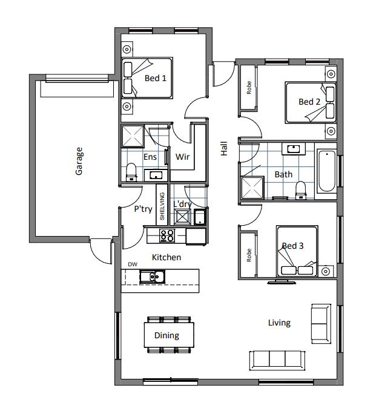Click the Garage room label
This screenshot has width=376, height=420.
pos(79,161)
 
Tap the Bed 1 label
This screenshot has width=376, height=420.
pos(156,78)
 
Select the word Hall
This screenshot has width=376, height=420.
pos(224,149)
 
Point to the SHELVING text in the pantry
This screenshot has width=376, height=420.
pos(162,206)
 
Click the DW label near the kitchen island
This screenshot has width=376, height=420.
pos(133,264)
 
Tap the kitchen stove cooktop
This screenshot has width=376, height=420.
pos(167,235)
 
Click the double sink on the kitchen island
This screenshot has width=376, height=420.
pos(152,277)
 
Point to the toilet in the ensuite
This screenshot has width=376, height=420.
pos(131,172)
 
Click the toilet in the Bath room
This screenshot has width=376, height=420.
pos(301,190)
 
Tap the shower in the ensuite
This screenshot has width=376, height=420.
pos(133,136)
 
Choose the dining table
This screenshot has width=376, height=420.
pos(169,335)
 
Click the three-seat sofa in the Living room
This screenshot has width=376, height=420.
pos(277,361)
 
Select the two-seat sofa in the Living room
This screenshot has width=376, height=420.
pos(321,324)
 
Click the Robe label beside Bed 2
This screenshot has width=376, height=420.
pos(249,88)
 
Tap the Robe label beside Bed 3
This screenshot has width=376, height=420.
pos(249,255)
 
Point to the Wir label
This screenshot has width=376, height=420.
pos(182,157)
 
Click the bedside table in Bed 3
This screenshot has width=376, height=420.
pos(326,271)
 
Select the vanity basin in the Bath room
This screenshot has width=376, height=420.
pos(294,149)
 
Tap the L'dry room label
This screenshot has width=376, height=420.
pos(182,204)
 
